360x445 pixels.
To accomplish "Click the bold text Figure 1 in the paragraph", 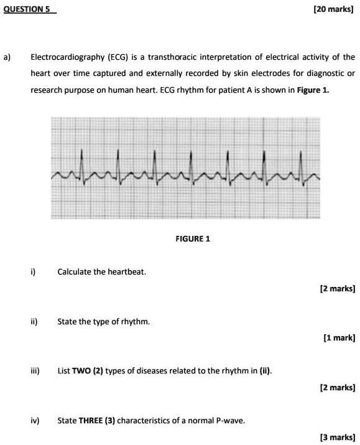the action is [x=313, y=90].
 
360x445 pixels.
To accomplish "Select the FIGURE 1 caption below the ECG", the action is [x=193, y=238].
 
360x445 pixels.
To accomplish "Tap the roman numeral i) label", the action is [x=33, y=272].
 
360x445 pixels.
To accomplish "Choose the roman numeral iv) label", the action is [x=34, y=420].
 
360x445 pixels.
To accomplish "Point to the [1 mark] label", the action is [x=339, y=338].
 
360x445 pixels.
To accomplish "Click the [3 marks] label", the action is [x=338, y=437].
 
